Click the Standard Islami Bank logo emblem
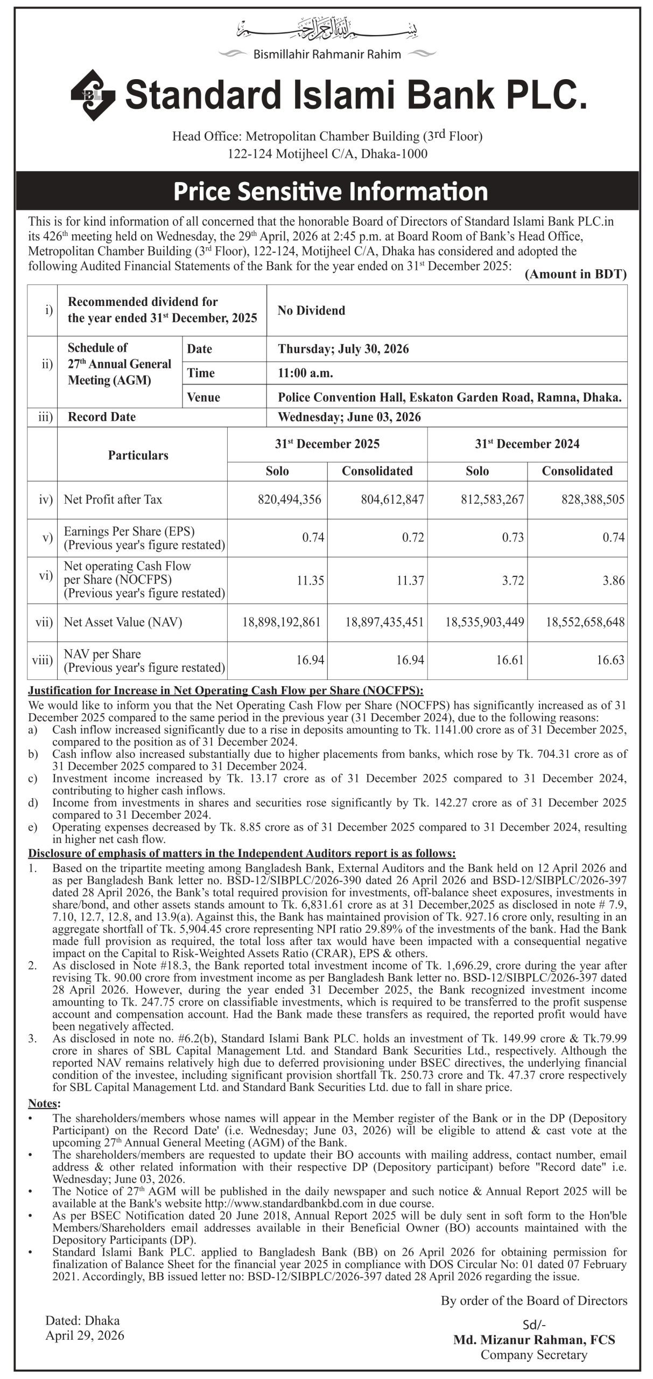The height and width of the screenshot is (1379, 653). pos(93,95)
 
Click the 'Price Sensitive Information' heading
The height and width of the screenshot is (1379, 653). pos(331,192)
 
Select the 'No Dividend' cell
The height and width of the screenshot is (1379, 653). pos(311,310)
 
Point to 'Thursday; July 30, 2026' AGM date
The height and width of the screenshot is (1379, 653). pos(343,349)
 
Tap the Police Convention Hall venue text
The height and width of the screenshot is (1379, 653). pos(450,398)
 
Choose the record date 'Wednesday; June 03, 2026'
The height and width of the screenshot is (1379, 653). pos(349,417)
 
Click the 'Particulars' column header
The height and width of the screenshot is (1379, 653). pos(138,455)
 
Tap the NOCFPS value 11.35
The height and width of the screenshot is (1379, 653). pos(310,580)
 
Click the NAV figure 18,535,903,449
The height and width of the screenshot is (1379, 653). pos(485,622)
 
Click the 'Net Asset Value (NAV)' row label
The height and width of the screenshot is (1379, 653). pos(123,622)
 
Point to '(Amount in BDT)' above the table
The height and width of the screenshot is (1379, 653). pos(575,274)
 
